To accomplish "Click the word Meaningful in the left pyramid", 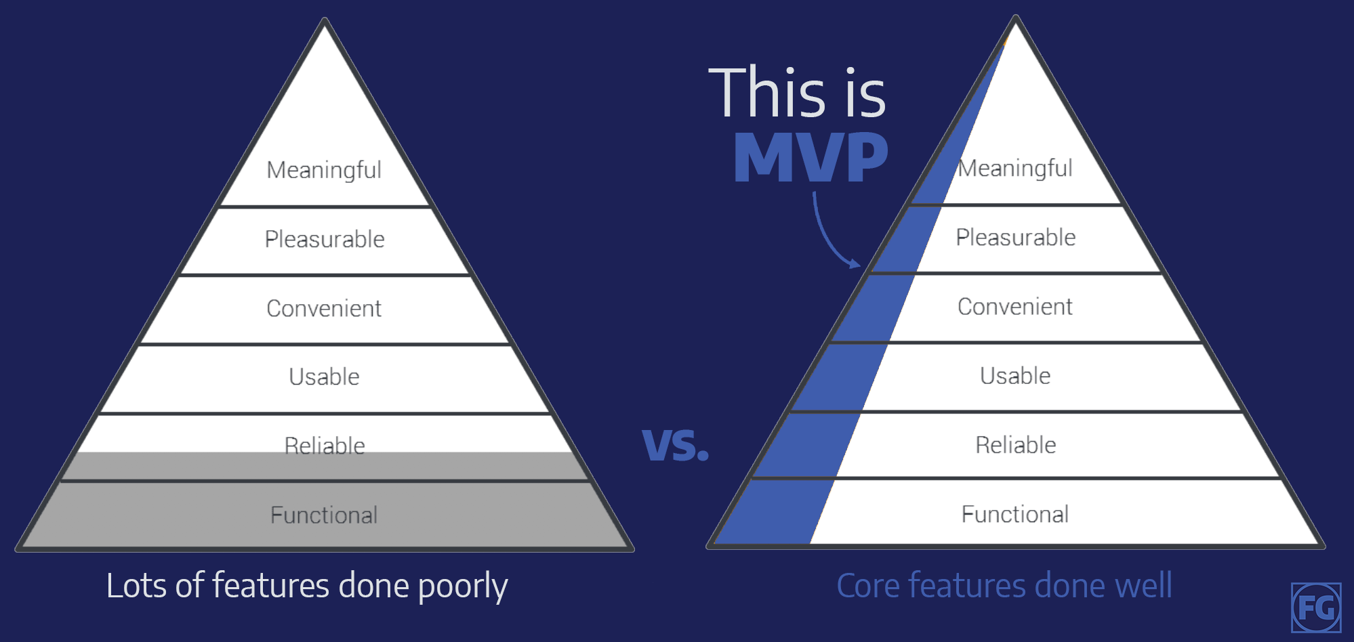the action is click(x=324, y=170).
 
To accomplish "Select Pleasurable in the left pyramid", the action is click(x=325, y=239).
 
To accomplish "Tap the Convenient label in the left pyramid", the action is click(x=324, y=308).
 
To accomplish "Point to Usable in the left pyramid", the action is click(x=324, y=377).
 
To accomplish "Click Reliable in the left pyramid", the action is click(x=325, y=446).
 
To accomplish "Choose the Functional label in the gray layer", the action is click(x=324, y=515).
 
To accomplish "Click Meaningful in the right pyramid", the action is click(x=1015, y=168).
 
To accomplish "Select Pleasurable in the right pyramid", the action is click(x=1016, y=237).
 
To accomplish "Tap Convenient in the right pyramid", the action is click(x=1015, y=306).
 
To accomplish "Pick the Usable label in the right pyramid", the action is click(x=1015, y=375).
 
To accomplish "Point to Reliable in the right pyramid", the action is click(x=1016, y=444).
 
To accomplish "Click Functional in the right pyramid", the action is click(x=1015, y=514).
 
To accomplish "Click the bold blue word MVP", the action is click(x=811, y=157).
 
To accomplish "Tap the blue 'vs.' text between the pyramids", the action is click(x=675, y=446).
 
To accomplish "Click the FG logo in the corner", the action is click(x=1316, y=607).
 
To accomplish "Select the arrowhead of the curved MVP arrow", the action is click(x=855, y=263).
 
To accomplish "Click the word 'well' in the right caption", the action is click(x=1143, y=585).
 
